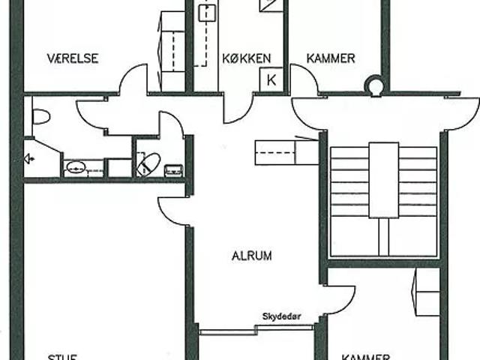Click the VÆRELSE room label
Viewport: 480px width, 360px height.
click(73, 58)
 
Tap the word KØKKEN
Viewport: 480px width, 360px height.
click(241, 58)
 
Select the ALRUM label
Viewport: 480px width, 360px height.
click(251, 256)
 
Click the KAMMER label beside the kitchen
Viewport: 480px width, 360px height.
click(331, 58)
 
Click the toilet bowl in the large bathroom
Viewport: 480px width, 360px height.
click(40, 116)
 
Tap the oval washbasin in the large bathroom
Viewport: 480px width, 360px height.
click(76, 167)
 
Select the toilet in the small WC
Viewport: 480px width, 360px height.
click(148, 164)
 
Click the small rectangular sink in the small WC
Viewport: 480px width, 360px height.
click(174, 169)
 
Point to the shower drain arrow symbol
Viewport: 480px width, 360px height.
click(30, 158)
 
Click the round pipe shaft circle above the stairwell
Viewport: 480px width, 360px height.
click(373, 86)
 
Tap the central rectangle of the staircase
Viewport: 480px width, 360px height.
click(383, 178)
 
